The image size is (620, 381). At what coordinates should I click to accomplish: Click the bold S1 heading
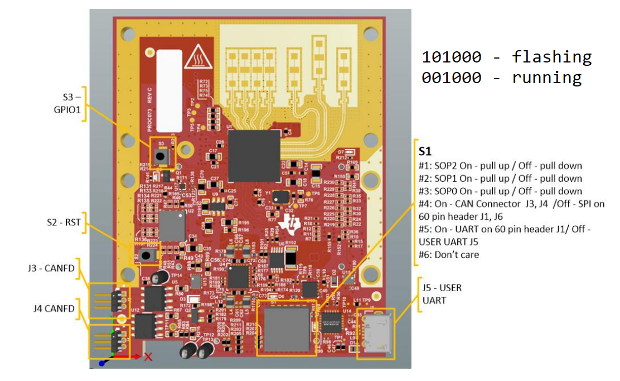(427, 151)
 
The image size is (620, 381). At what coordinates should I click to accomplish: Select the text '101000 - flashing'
(506, 57)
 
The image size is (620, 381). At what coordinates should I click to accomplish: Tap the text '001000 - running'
(501, 78)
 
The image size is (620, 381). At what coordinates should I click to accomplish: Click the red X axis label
(148, 358)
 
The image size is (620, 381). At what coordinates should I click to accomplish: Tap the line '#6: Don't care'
(449, 255)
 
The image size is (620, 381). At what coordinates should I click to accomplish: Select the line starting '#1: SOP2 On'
(500, 166)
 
